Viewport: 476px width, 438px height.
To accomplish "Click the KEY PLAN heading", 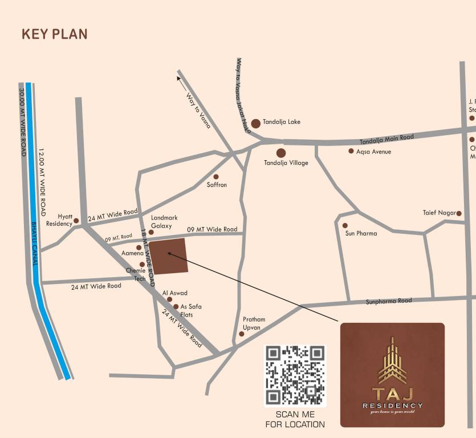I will (x=55, y=34).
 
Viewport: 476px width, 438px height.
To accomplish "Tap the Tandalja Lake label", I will (x=281, y=122).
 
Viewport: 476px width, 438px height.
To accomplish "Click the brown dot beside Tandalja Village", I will (x=281, y=153).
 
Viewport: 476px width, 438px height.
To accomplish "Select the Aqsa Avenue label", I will (x=373, y=152).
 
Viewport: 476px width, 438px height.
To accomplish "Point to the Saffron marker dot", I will (x=216, y=177).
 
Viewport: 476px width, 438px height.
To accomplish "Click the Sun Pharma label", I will (x=361, y=233).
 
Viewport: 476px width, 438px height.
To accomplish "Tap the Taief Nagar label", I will (x=439, y=213).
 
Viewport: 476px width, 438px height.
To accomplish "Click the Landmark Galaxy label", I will (x=164, y=222).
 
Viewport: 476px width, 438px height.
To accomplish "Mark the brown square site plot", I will (x=168, y=256).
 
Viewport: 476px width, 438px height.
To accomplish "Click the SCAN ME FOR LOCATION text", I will (x=295, y=420).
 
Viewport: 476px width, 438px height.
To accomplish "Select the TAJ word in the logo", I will (x=392, y=394).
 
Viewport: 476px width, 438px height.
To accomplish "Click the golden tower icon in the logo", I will (x=392, y=361).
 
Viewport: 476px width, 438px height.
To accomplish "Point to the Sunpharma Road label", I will (x=389, y=301).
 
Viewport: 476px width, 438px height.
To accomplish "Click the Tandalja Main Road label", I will (x=387, y=140).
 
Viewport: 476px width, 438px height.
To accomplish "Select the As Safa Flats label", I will (x=190, y=310).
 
